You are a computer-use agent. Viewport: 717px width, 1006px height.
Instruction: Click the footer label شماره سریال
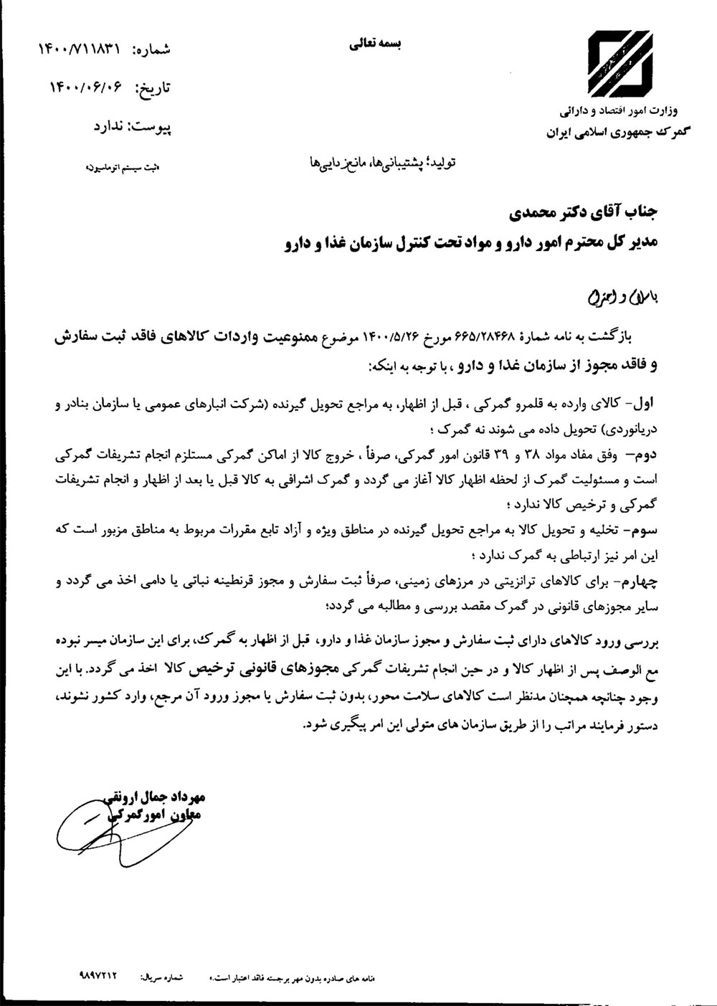click(x=163, y=977)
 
